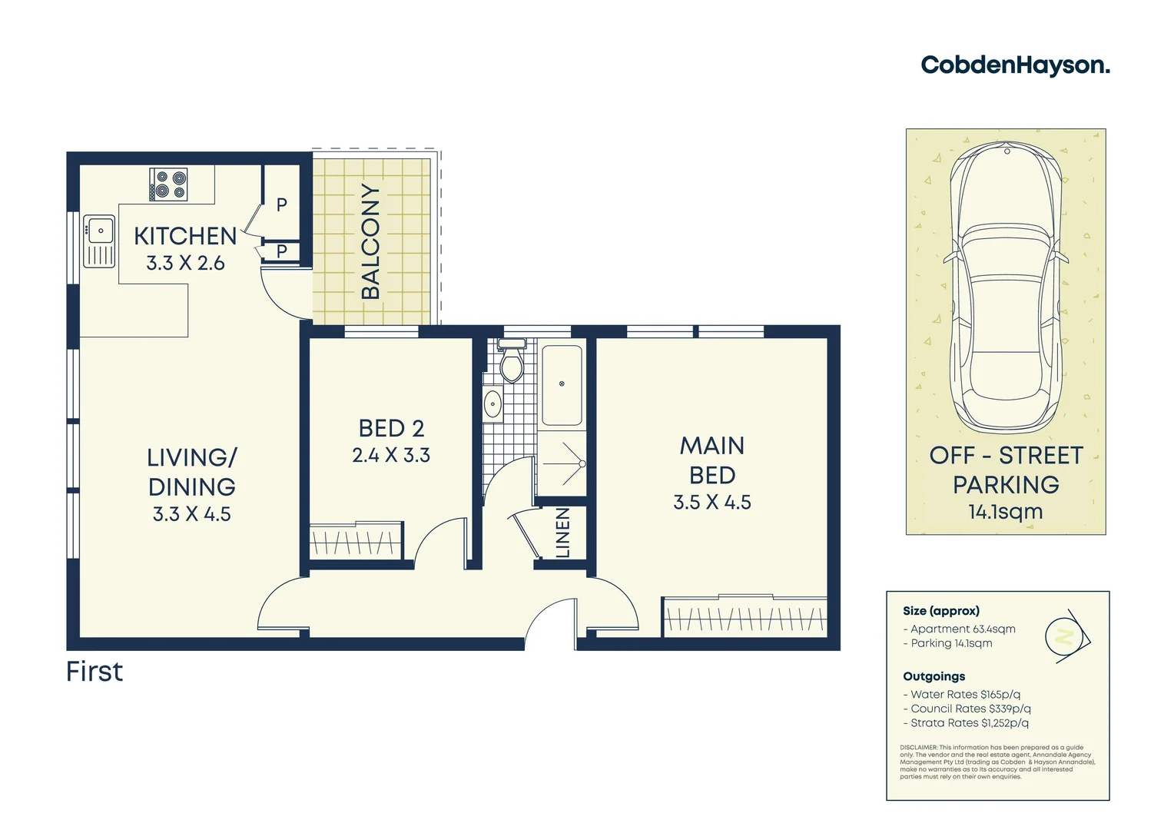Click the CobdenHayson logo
1015,65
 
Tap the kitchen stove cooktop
168,185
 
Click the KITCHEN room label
185,236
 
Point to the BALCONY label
371,241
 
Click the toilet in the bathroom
511,363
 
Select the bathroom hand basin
492,403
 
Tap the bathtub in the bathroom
562,385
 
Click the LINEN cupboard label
563,533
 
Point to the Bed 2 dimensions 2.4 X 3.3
391,456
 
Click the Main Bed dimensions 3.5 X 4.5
712,503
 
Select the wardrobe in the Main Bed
745,617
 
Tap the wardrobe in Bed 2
356,541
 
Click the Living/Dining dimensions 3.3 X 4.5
192,514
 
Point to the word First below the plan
95,672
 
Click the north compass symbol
1066,637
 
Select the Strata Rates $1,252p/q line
966,723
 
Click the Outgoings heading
934,676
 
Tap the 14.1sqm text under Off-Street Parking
1006,512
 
